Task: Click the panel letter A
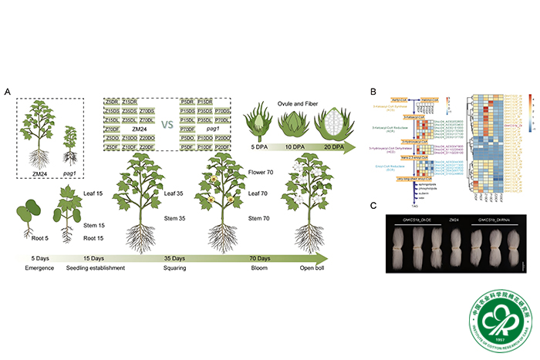tap(8, 93)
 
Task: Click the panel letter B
tap(374, 93)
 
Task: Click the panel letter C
tap(374, 205)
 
